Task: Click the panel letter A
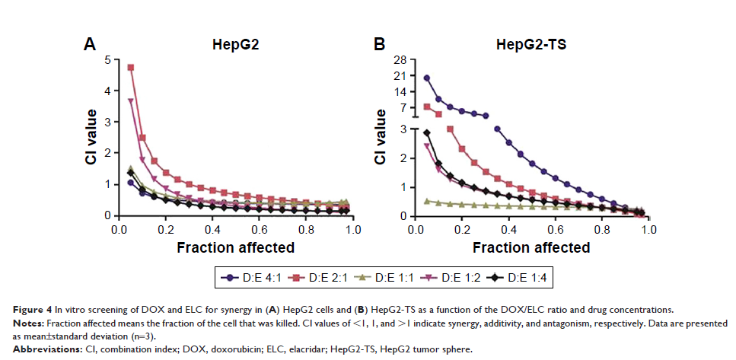point(89,45)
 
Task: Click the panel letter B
point(379,45)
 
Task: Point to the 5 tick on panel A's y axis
point(107,59)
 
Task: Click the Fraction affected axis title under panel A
point(236,247)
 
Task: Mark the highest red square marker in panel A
point(131,67)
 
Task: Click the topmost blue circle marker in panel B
point(427,78)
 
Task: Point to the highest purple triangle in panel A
point(131,100)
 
